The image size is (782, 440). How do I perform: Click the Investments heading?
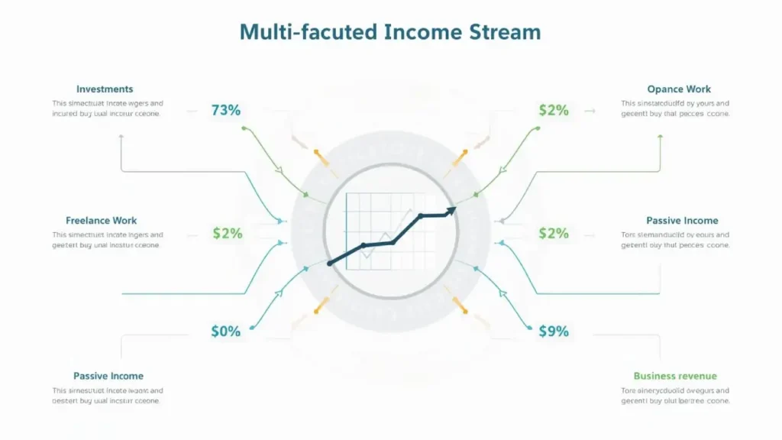(x=105, y=89)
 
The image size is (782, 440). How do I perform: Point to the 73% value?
(x=225, y=110)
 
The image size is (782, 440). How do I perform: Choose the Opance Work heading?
(x=679, y=89)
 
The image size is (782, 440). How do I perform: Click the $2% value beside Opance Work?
(x=554, y=110)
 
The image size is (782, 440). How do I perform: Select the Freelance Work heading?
(x=102, y=221)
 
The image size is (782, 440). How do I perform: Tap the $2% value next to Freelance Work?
(x=227, y=233)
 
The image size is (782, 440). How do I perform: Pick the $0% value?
(x=225, y=332)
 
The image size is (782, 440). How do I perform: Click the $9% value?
(x=554, y=332)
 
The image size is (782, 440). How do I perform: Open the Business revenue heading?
(x=675, y=376)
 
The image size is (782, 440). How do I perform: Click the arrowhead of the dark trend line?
(x=452, y=209)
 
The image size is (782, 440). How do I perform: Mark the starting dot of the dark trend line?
(x=330, y=264)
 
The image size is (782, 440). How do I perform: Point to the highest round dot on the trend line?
(x=420, y=217)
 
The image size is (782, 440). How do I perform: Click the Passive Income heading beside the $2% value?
(x=682, y=221)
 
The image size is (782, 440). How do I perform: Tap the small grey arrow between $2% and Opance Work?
(x=590, y=111)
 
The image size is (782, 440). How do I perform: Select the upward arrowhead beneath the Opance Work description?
(x=660, y=135)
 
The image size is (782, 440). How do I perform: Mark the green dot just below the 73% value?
(x=243, y=128)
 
